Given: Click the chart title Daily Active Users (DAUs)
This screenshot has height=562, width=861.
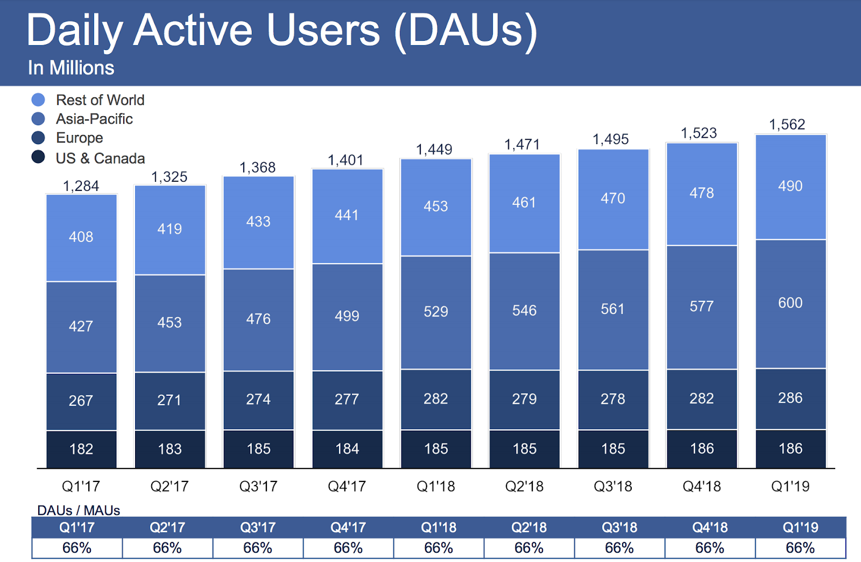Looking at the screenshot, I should click(282, 31).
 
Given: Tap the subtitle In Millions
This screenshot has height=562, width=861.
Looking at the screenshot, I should click(71, 68).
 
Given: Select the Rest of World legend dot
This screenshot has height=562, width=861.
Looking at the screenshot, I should click(38, 100).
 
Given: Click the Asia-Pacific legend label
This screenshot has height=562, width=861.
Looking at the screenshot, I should click(94, 119).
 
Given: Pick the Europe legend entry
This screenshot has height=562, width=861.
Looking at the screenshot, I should click(79, 138).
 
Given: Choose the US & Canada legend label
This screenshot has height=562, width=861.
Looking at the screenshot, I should click(100, 158).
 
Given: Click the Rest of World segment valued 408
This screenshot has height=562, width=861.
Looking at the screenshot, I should click(81, 237).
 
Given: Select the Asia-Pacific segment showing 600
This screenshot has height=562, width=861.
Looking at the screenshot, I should click(790, 303).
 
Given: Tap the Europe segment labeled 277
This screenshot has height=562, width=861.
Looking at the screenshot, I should click(347, 400).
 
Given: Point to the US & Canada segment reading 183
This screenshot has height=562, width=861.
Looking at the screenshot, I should click(170, 449).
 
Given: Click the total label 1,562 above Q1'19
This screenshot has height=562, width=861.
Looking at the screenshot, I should click(787, 125).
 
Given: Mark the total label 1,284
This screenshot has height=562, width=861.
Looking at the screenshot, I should click(81, 186).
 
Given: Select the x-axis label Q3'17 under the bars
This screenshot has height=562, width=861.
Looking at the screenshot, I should click(258, 486).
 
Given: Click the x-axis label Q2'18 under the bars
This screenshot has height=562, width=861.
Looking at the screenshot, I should click(524, 486).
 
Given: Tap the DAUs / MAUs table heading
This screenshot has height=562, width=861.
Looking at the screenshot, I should click(79, 510).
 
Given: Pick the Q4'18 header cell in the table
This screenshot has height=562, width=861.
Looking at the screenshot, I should click(710, 528).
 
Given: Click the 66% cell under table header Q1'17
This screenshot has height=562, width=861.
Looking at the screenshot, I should click(77, 548).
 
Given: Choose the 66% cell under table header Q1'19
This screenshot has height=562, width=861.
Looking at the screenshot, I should click(800, 548).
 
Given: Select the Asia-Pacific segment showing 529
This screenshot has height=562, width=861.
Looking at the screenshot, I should click(436, 312).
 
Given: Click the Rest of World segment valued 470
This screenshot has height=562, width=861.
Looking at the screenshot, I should click(613, 198).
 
